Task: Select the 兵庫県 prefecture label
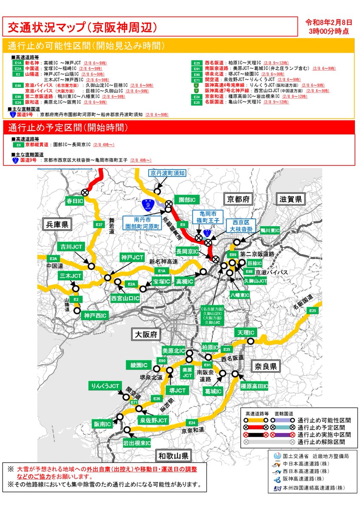pyautogui.click(x=56, y=224)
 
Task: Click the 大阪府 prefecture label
pyautogui.click(x=145, y=335)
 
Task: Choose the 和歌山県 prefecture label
pyautogui.click(x=172, y=456)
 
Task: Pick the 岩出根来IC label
pyautogui.click(x=137, y=443)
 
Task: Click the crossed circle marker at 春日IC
pyautogui.click(x=85, y=193)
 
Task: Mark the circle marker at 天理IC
pyautogui.click(x=251, y=341)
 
